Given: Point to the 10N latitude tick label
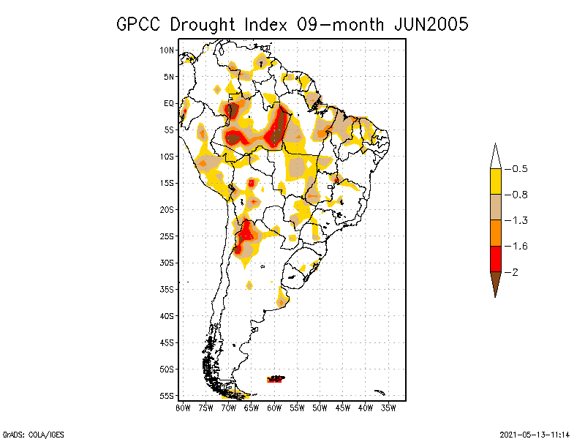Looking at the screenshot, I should click(167, 50).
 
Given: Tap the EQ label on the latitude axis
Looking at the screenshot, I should click(169, 103).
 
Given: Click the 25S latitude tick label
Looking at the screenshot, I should click(167, 236).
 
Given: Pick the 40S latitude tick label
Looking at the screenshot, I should click(167, 316).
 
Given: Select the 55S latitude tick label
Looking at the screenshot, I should click(167, 396).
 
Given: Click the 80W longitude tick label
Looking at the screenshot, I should click(183, 407).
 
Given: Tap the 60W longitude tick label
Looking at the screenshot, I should click(274, 407).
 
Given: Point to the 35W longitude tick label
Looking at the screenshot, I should click(388, 407).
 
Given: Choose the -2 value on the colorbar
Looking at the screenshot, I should click(515, 272).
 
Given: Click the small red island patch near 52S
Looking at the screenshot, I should click(276, 379).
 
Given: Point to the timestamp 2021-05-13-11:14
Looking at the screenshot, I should click(535, 434).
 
